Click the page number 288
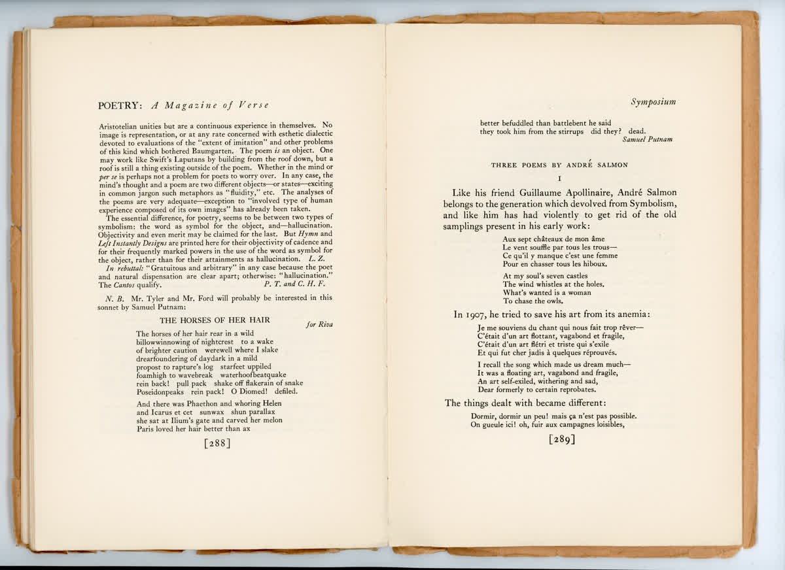click(x=217, y=444)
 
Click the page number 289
click(x=562, y=439)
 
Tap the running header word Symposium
click(x=654, y=102)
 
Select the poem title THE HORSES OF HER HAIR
click(x=215, y=320)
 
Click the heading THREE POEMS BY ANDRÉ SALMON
click(x=559, y=165)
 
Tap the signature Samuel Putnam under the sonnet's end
click(x=647, y=139)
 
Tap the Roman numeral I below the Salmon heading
click(x=560, y=178)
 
